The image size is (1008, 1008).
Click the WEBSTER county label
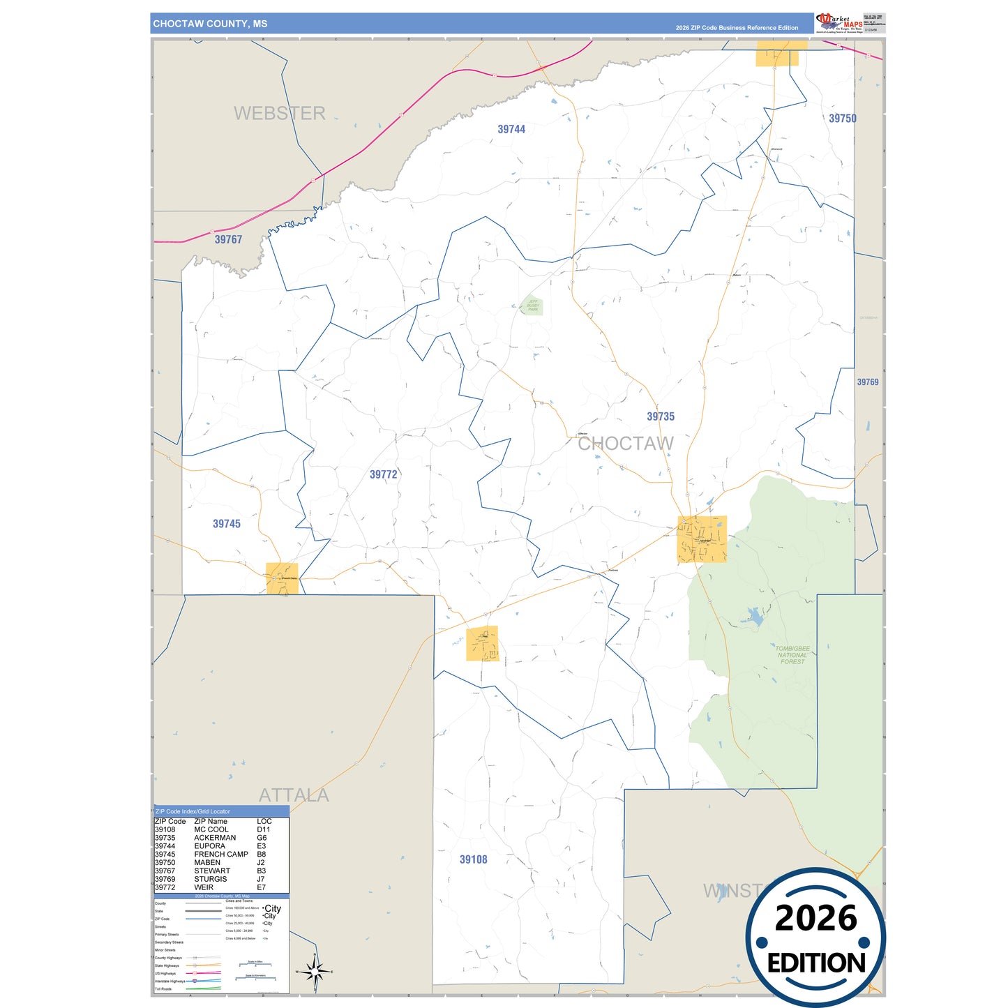[x=279, y=113]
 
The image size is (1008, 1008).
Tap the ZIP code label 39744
[x=511, y=129]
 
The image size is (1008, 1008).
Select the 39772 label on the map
[x=383, y=474]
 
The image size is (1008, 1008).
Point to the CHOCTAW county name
[x=626, y=444]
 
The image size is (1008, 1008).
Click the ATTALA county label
[x=294, y=795]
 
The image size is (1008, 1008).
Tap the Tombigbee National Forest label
[x=792, y=655]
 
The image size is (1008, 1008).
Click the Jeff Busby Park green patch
[x=533, y=306]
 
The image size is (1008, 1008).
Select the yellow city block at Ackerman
[x=702, y=539]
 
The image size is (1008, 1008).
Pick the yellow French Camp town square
[x=282, y=578]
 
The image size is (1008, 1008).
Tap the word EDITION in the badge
[x=816, y=963]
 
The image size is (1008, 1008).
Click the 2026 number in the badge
[x=815, y=919]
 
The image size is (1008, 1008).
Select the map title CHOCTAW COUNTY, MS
[x=210, y=24]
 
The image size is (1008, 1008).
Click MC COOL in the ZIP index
[x=211, y=829]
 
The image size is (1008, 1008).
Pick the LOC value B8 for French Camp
[x=262, y=854]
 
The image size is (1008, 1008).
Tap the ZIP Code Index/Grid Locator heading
[x=193, y=811]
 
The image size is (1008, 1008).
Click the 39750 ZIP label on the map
[x=842, y=119]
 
